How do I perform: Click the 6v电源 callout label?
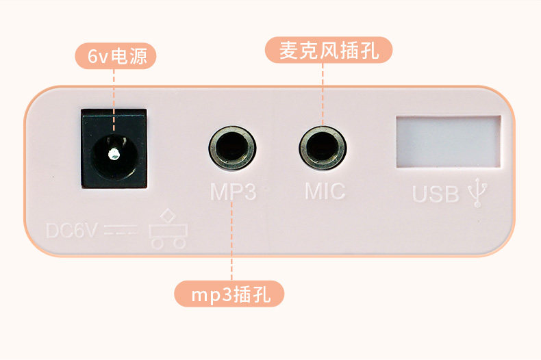(x=114, y=56)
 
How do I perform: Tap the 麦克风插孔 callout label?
(x=329, y=51)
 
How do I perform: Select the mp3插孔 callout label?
(x=229, y=295)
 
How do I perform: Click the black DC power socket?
(x=114, y=148)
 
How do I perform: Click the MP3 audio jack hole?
(x=232, y=147)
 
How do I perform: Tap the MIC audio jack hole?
(x=322, y=147)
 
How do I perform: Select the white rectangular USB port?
(x=448, y=142)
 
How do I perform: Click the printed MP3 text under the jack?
(x=233, y=192)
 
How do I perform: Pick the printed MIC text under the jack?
(x=325, y=191)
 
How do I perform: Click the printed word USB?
(x=436, y=194)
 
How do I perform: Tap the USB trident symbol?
(x=477, y=193)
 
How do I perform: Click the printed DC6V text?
(x=72, y=231)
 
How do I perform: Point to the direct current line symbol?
(x=123, y=231)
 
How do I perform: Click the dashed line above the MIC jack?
(x=323, y=92)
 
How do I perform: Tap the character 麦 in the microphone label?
(x=288, y=51)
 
